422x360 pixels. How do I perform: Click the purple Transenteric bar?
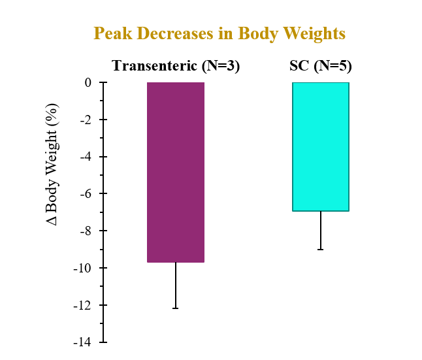(x=176, y=172)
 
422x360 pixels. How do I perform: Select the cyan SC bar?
(x=320, y=146)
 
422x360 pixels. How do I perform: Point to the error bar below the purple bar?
(x=176, y=285)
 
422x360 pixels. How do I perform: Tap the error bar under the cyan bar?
(x=321, y=230)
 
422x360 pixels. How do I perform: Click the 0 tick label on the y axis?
(x=87, y=83)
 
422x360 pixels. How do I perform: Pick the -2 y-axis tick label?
(x=84, y=120)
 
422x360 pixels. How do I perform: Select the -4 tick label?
(x=84, y=157)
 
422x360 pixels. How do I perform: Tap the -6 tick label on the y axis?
(x=84, y=194)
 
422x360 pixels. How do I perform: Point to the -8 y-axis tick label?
(x=84, y=231)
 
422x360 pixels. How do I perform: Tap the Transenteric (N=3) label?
(x=176, y=66)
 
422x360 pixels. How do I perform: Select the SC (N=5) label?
(x=321, y=66)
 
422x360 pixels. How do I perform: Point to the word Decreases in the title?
(x=173, y=33)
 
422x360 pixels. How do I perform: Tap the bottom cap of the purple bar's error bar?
(x=176, y=308)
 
